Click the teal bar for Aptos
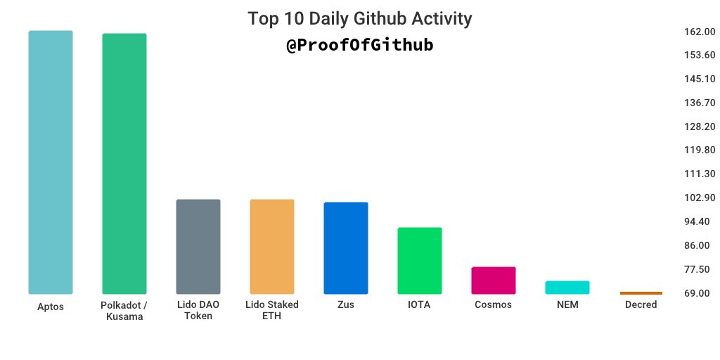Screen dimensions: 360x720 pos(51,162)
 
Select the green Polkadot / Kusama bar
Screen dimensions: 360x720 pos(124,163)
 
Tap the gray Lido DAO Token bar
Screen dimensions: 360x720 pos(198,246)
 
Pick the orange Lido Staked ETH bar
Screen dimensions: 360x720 pos(272,246)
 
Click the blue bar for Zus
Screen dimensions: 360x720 pos(346,247)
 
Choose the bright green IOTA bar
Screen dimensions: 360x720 pos(420,260)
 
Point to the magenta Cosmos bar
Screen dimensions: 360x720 pos(494,280)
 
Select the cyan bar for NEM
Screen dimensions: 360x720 pos(567,287)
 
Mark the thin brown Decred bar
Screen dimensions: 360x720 pos(641,292)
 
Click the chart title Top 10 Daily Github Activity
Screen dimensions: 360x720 pos(360,19)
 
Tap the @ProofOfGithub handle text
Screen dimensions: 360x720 pos(360,46)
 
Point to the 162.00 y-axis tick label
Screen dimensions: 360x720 pos(699,32)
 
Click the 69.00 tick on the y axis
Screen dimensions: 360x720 pos(699,293)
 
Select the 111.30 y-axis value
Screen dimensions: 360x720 pos(699,174)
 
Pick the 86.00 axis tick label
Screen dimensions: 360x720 pos(699,245)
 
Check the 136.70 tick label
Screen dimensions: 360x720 pos(699,103)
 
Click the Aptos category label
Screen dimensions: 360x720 pos(51,307)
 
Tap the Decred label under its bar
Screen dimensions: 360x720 pos(641,305)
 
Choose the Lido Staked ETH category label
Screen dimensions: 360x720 pos(272,310)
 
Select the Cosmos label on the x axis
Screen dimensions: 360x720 pos(494,305)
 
